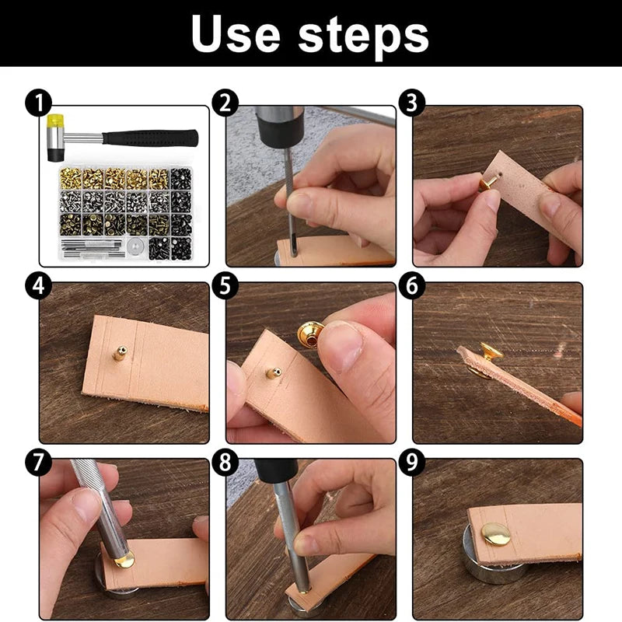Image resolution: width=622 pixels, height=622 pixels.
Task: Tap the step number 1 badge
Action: [37, 103]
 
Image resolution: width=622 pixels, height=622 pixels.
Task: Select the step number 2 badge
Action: [225, 103]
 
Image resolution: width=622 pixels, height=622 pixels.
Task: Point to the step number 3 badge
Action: [411, 103]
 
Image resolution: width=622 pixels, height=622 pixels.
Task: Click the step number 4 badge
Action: [37, 286]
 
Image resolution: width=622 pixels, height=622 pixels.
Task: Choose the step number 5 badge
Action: [225, 286]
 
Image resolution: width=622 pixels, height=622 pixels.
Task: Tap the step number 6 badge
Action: [411, 286]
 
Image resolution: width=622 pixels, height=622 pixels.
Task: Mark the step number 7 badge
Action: [37, 463]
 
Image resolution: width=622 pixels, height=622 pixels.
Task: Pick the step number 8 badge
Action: [225, 463]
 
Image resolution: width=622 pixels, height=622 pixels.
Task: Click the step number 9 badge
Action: [411, 463]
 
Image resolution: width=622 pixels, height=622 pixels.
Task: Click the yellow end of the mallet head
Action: [55, 121]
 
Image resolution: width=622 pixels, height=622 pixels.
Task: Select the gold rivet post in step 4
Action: [120, 354]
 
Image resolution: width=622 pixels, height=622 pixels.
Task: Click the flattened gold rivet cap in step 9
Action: [495, 534]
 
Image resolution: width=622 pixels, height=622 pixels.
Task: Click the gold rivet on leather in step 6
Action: [490, 352]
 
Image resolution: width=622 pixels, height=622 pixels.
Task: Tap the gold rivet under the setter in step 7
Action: [124, 559]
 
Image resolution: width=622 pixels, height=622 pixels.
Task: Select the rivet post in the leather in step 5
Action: [274, 372]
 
